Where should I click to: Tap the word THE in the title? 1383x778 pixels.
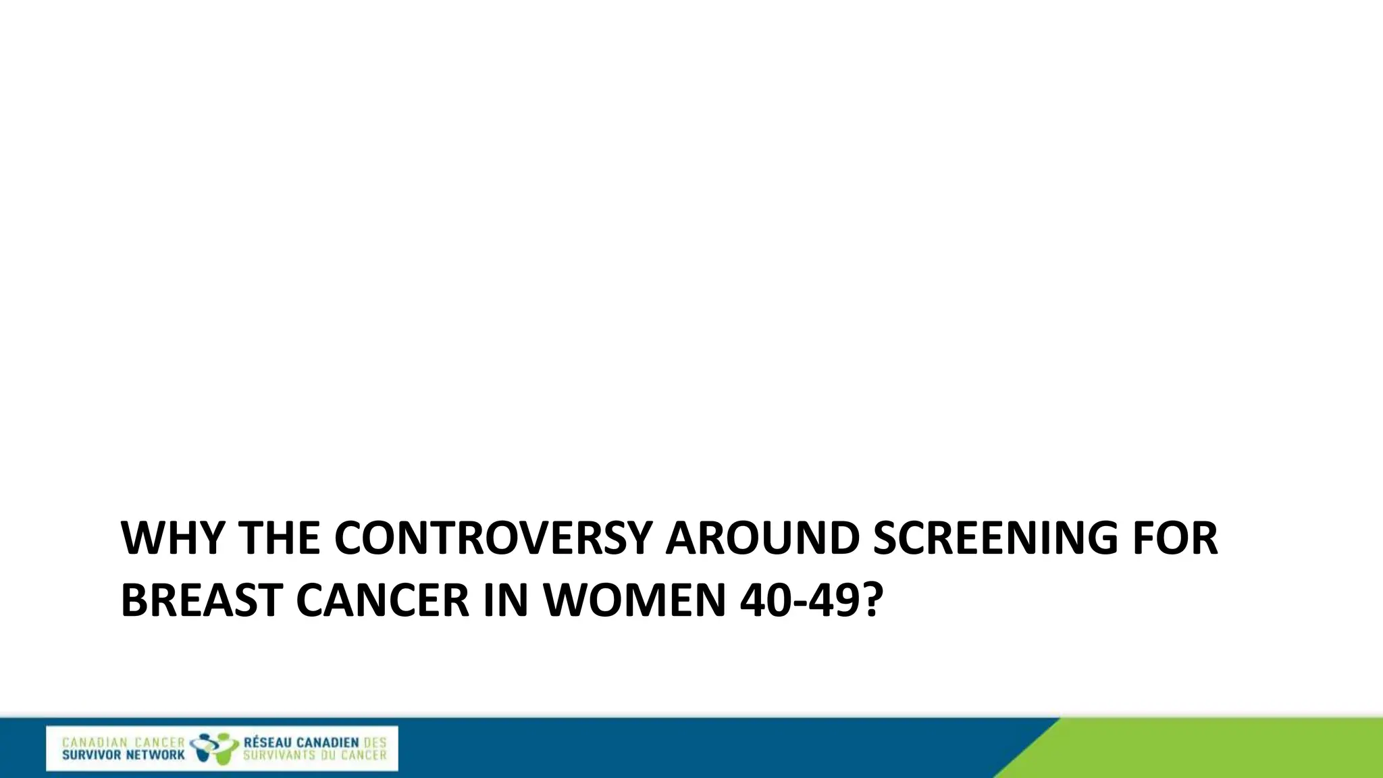pos(278,538)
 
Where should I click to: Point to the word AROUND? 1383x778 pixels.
pos(762,538)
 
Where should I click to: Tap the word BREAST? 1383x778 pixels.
pos(201,600)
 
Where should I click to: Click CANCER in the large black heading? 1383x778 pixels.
pos(382,600)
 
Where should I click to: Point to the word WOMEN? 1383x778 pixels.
pos(635,600)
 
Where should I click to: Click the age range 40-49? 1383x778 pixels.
pos(799,600)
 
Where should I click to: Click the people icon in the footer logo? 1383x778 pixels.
pos(214,748)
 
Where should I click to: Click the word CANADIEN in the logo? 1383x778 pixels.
pos(328,742)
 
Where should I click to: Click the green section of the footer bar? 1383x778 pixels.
pos(1216,750)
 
